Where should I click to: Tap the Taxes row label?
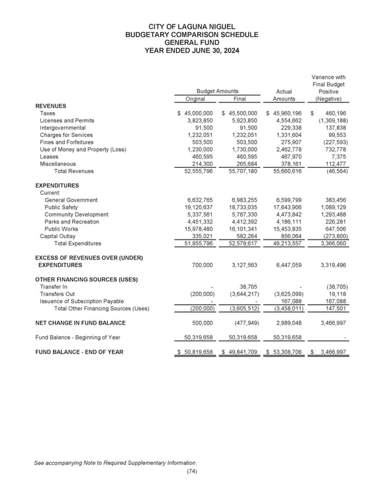[x=47, y=113]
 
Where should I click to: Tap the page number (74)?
[x=191, y=471]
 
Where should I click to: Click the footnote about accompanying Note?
[x=116, y=462]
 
